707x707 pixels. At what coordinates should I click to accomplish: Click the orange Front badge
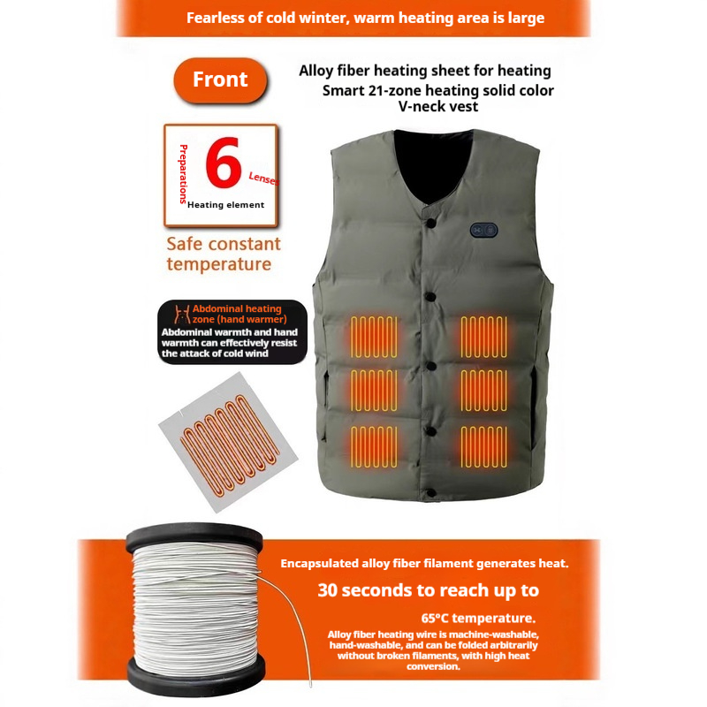[220, 80]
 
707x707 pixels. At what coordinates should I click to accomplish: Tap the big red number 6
[224, 163]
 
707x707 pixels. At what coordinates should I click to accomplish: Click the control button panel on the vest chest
[483, 230]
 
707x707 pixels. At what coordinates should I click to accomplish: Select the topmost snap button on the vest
[430, 223]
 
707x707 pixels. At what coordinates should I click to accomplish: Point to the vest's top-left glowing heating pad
[374, 337]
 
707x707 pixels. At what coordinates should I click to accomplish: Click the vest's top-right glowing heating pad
[483, 337]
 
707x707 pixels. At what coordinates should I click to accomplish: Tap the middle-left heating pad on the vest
[374, 391]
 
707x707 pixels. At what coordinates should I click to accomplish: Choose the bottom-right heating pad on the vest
[483, 446]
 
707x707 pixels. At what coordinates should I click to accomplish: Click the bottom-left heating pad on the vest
[374, 446]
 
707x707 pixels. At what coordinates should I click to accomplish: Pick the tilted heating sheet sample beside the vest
[228, 443]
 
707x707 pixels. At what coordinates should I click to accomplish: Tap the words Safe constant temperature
[224, 254]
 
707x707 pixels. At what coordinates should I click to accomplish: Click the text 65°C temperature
[478, 618]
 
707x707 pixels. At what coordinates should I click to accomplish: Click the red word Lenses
[263, 179]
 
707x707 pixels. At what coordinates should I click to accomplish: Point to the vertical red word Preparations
[183, 174]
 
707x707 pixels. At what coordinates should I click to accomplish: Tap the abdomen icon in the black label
[182, 315]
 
